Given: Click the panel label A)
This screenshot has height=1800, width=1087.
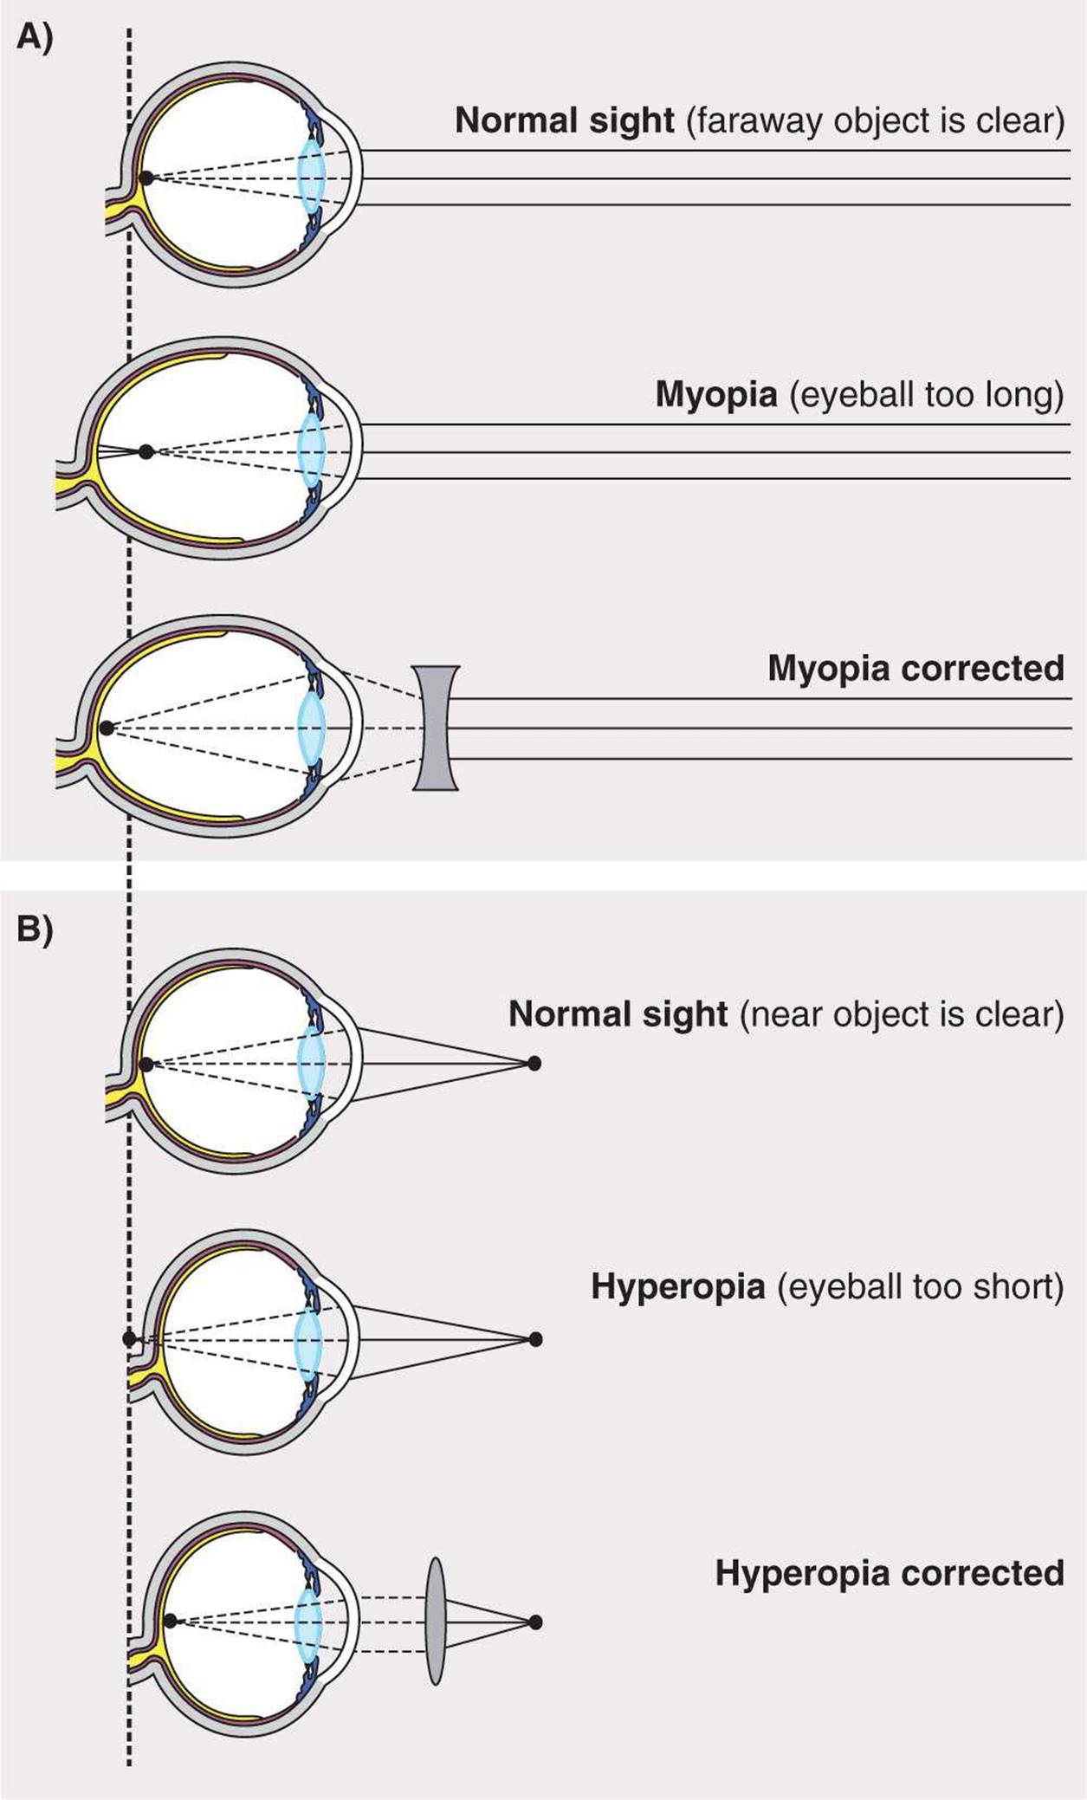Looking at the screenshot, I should click(34, 38).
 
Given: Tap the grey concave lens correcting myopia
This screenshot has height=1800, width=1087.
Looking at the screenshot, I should click(436, 728).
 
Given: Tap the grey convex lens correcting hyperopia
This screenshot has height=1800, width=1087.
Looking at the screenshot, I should click(436, 1621).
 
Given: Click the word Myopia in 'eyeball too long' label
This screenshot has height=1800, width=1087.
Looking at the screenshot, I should click(715, 395).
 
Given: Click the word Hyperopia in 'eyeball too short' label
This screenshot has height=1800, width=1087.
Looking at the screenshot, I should click(677, 1287).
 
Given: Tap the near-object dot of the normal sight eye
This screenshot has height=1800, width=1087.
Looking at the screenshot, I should click(534, 1063).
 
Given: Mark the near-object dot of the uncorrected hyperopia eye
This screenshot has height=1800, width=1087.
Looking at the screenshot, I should click(535, 1339).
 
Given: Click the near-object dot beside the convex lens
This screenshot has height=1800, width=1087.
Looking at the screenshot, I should click(535, 1622).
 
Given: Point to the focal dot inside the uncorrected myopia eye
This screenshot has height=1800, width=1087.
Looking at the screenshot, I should click(146, 451).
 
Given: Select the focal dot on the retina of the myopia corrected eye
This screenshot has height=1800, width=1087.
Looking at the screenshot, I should click(107, 728).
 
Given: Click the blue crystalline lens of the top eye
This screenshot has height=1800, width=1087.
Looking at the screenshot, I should click(310, 178).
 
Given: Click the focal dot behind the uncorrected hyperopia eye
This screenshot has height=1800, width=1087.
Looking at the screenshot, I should click(129, 1339).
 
